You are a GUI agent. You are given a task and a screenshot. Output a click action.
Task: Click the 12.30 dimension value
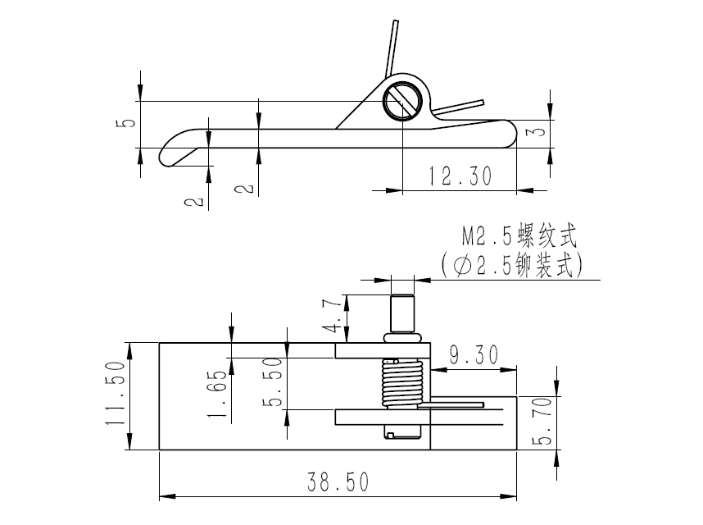(x=460, y=176)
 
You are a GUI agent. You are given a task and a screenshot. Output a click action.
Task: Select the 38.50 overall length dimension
(x=337, y=482)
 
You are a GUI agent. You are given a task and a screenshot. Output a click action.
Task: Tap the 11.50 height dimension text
(x=117, y=394)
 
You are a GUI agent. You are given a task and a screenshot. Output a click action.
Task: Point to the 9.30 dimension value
(x=474, y=355)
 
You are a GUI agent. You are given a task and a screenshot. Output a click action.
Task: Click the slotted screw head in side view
(x=402, y=102)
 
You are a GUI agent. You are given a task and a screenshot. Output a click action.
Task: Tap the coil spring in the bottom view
(x=401, y=384)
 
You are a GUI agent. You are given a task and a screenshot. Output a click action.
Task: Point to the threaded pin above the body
(x=401, y=314)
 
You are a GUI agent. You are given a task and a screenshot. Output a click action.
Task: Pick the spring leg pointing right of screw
(x=459, y=106)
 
